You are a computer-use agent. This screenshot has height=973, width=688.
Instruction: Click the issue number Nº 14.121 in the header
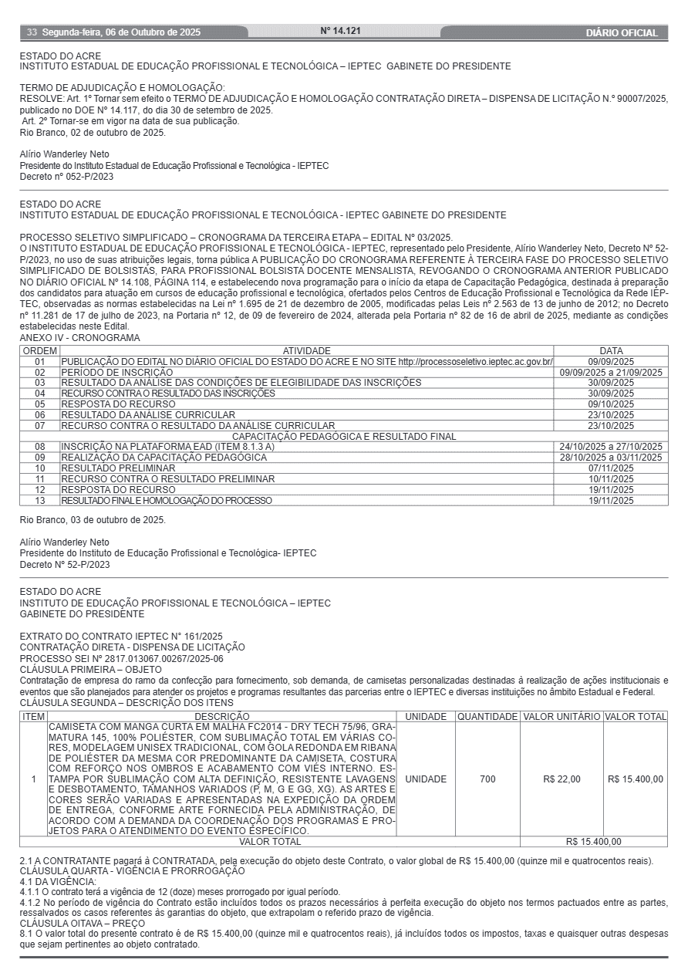tap(340, 32)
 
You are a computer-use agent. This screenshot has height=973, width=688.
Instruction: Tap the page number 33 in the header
tap(32, 32)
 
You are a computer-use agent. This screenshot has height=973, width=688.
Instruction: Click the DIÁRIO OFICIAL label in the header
tap(622, 33)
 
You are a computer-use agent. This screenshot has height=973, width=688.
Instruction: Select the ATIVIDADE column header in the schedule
tap(306, 351)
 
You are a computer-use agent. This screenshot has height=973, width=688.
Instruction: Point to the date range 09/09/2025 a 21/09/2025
tap(611, 372)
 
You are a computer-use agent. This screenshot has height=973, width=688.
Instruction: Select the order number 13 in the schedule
tap(40, 501)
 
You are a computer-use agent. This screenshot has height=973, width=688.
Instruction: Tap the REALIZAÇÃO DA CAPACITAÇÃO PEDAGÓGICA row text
tap(164, 458)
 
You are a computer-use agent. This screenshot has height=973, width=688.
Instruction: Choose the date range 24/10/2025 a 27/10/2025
tap(611, 447)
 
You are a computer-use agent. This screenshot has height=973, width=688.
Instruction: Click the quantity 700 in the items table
tap(487, 779)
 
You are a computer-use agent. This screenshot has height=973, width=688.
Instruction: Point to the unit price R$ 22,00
tap(562, 779)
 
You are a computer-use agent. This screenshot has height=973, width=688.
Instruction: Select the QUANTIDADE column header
tap(487, 717)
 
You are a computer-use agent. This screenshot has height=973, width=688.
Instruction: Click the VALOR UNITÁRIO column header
tap(562, 717)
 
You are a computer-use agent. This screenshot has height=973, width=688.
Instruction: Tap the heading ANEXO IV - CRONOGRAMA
tap(80, 339)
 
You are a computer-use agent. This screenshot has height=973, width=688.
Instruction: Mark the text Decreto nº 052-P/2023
tap(66, 177)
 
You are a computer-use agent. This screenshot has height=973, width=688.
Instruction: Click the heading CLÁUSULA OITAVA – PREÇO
tap(83, 922)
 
